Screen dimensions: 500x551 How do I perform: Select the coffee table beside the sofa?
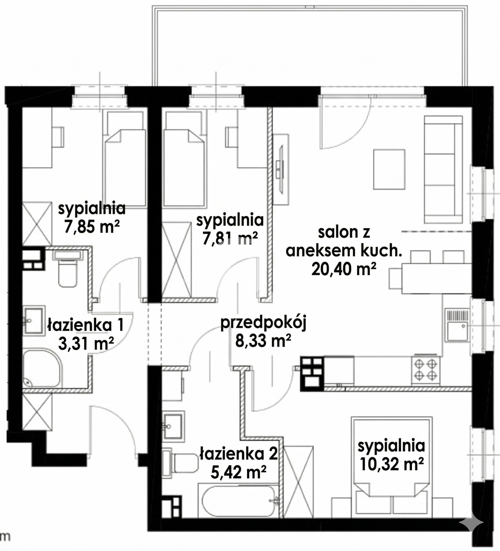(x=389, y=169)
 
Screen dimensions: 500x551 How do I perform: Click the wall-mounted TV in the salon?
(x=281, y=169)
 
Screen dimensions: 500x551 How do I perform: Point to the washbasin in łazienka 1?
(x=34, y=320)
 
